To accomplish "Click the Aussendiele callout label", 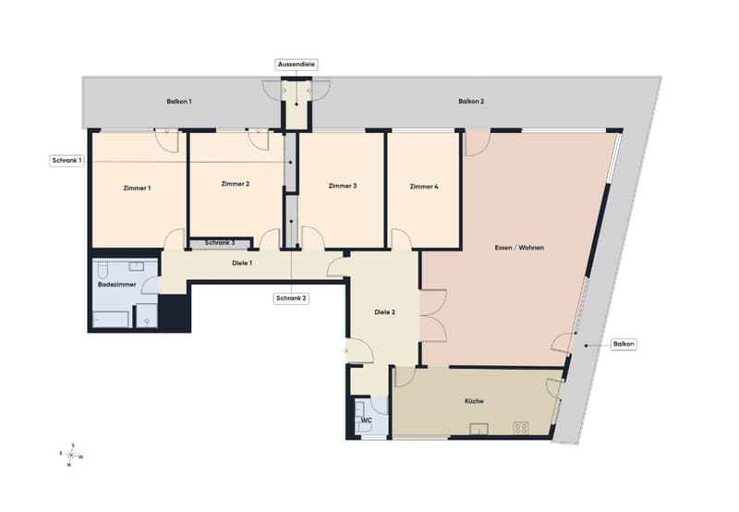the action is click(x=297, y=65).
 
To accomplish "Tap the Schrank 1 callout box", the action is click(x=67, y=161).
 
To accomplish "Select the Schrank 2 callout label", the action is click(x=291, y=299).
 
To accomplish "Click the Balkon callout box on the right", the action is click(x=624, y=345).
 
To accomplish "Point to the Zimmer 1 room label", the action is click(x=137, y=189).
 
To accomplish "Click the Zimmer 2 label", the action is click(x=236, y=184).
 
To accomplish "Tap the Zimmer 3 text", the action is click(x=343, y=186).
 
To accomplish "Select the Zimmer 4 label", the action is click(x=424, y=187).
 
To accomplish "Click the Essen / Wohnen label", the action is click(x=519, y=248).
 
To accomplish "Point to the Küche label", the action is click(x=474, y=401).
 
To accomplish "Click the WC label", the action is click(x=366, y=421).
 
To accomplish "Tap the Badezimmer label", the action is click(x=117, y=285).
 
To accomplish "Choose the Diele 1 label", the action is click(x=242, y=263).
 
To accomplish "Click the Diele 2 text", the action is click(x=384, y=312).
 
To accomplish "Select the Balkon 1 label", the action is click(x=179, y=102).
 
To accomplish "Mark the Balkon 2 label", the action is click(x=471, y=102).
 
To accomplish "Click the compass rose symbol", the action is click(x=71, y=456).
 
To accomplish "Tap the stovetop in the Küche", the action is click(x=521, y=428).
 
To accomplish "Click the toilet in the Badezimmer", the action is click(x=103, y=271).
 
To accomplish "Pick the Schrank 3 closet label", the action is click(x=220, y=243).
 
